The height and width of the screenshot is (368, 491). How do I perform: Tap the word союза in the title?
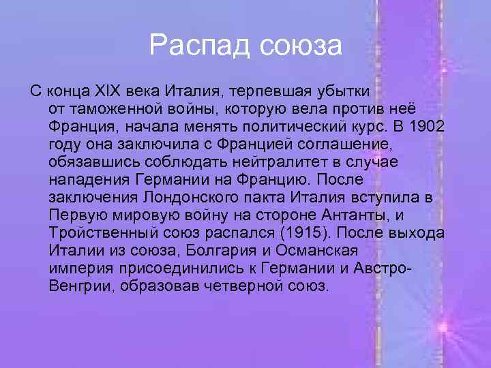click(x=300, y=46)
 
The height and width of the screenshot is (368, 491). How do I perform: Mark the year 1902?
click(x=429, y=127)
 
